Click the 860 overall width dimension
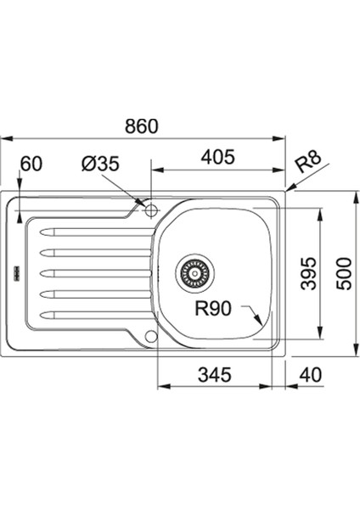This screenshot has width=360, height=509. (142, 126)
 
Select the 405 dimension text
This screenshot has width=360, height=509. (217, 157)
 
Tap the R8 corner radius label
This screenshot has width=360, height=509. (308, 162)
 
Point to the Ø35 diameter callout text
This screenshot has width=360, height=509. (100, 164)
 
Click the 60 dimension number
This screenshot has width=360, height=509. (31, 164)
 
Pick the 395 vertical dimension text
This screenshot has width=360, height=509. (308, 273)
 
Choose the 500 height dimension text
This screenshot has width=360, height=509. (343, 273)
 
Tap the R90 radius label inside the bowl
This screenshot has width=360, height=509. (213, 308)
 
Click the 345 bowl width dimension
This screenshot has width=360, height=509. (215, 375)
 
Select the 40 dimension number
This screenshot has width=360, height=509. (311, 375)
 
